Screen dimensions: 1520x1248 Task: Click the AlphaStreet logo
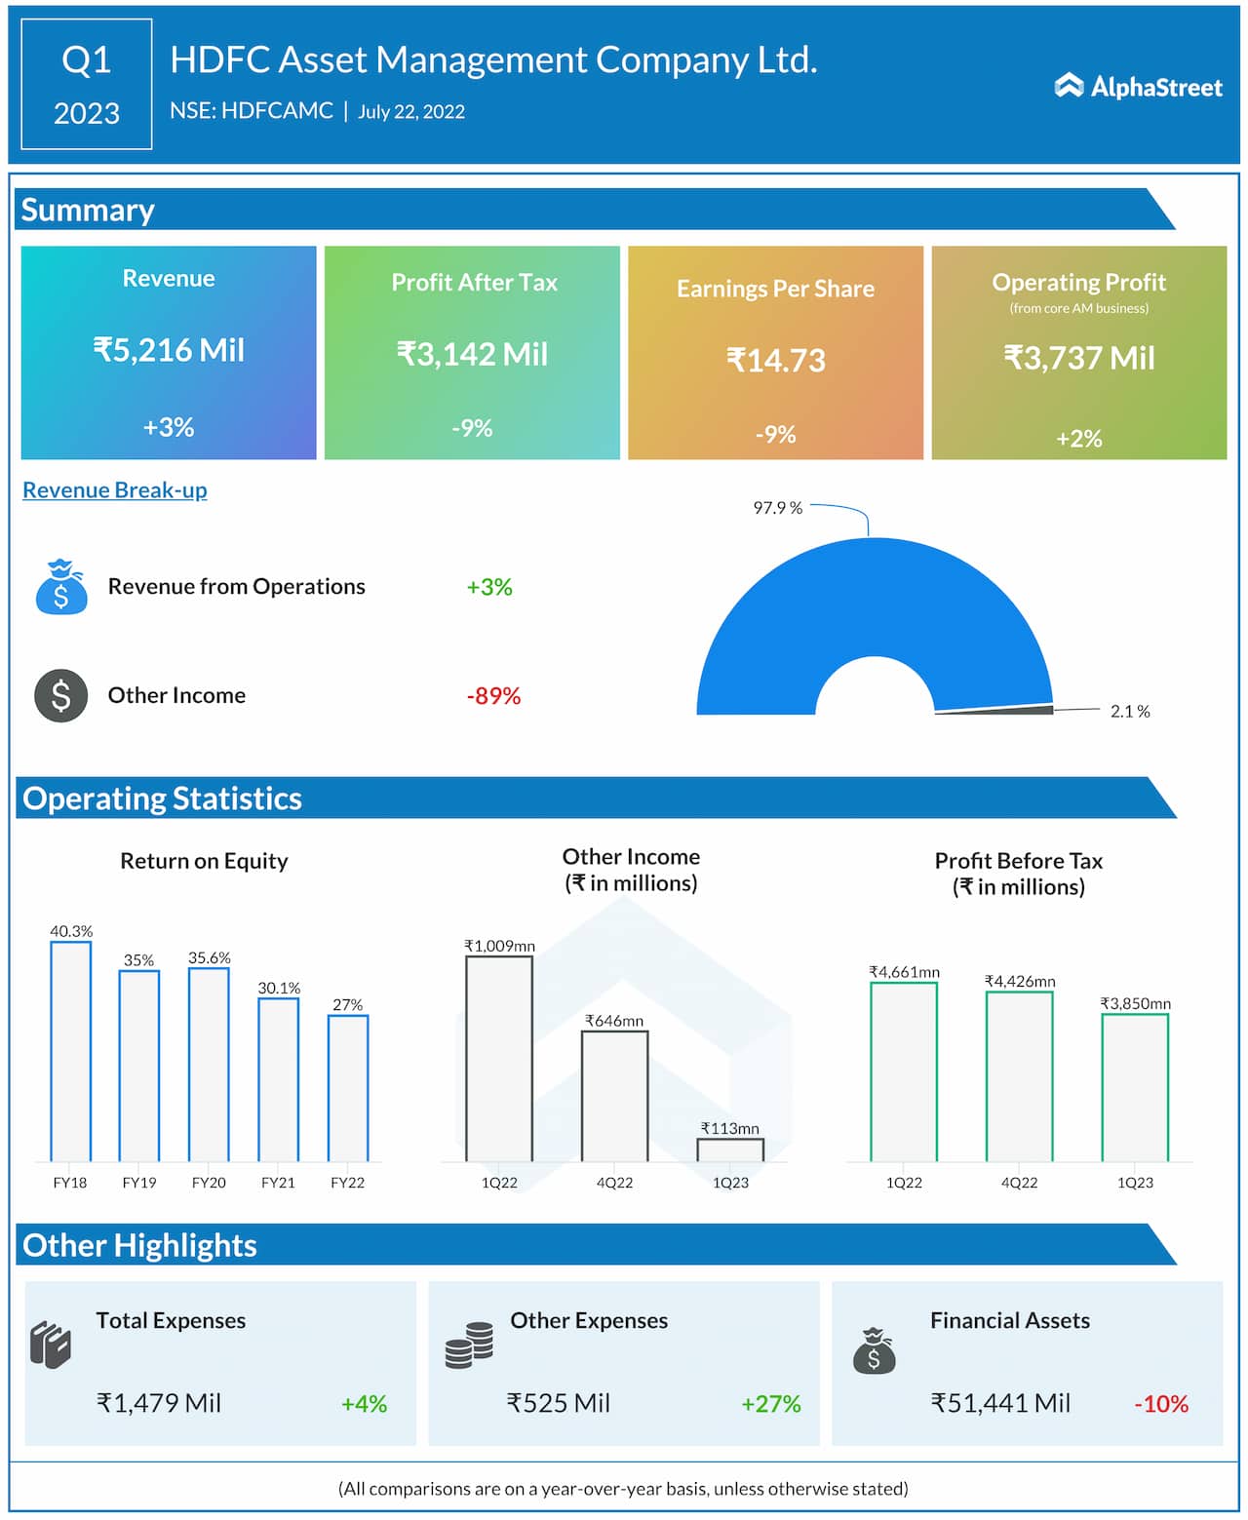[1138, 87]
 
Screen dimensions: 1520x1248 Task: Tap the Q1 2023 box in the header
[87, 85]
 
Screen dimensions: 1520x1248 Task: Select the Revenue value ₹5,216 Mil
[169, 350]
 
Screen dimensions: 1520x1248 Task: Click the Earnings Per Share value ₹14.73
[775, 361]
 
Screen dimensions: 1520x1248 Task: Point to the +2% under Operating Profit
[1078, 439]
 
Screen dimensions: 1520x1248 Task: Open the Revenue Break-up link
[115, 489]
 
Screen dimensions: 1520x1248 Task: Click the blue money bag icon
[60, 587]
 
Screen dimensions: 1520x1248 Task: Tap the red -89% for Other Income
[493, 696]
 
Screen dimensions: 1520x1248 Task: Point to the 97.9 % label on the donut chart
[777, 508]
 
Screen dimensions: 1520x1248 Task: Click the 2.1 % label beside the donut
[1130, 712]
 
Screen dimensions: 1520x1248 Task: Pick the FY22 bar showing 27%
[348, 1088]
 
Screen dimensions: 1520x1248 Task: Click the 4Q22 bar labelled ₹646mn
[614, 1096]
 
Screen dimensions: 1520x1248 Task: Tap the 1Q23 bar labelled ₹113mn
[730, 1150]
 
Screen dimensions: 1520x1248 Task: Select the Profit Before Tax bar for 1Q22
[904, 1072]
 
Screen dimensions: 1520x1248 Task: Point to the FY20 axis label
[209, 1183]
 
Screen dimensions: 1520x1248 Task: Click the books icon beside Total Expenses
[51, 1345]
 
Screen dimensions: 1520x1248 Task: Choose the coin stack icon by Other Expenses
[469, 1345]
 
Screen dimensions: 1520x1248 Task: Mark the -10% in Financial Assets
[1161, 1404]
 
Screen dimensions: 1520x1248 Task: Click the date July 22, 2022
[411, 112]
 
